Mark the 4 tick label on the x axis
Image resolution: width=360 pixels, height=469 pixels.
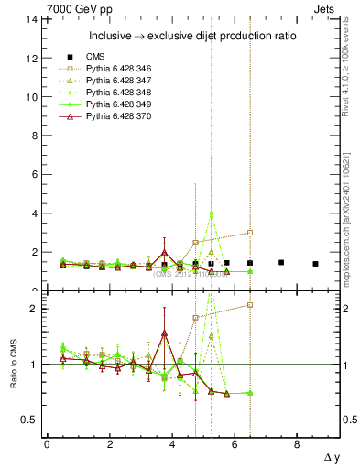172,444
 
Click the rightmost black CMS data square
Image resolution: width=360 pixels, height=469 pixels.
315,264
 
